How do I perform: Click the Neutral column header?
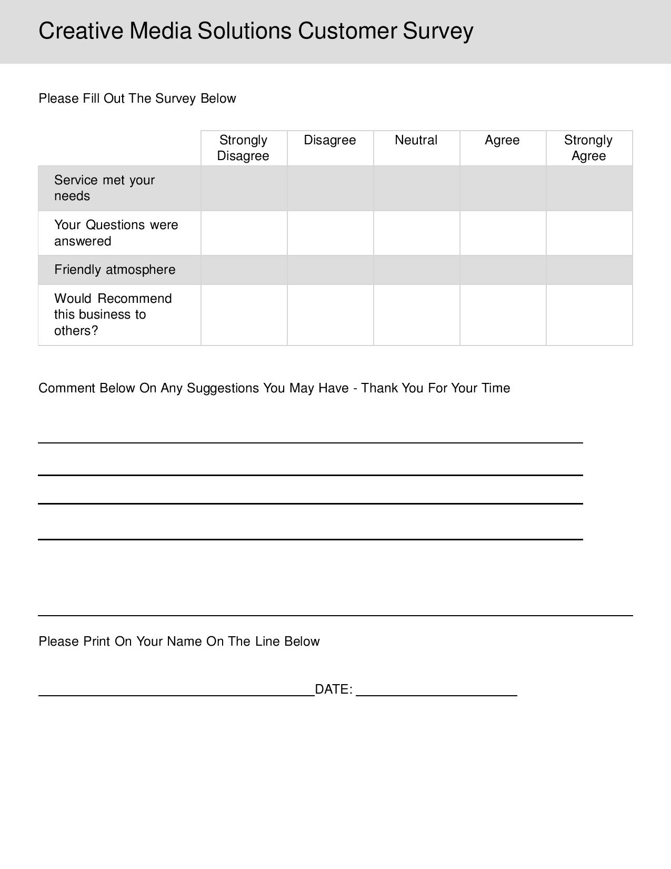[x=416, y=140]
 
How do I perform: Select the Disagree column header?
[x=330, y=140]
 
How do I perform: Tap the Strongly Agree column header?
[x=588, y=148]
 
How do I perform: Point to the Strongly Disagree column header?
[x=243, y=148]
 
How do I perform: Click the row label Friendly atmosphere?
[x=115, y=270]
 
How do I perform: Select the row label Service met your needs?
[x=104, y=188]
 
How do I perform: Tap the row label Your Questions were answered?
[x=116, y=233]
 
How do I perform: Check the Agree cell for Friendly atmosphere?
[x=503, y=270]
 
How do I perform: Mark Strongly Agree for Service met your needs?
[x=589, y=189]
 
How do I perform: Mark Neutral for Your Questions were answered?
[x=416, y=233]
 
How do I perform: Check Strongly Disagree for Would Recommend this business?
[x=244, y=315]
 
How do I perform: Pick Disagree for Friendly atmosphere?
[x=330, y=270]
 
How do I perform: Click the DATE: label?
[x=334, y=689]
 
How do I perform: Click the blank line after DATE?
[x=437, y=694]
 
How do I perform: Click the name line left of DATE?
[x=176, y=694]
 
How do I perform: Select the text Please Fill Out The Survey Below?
[x=137, y=98]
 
